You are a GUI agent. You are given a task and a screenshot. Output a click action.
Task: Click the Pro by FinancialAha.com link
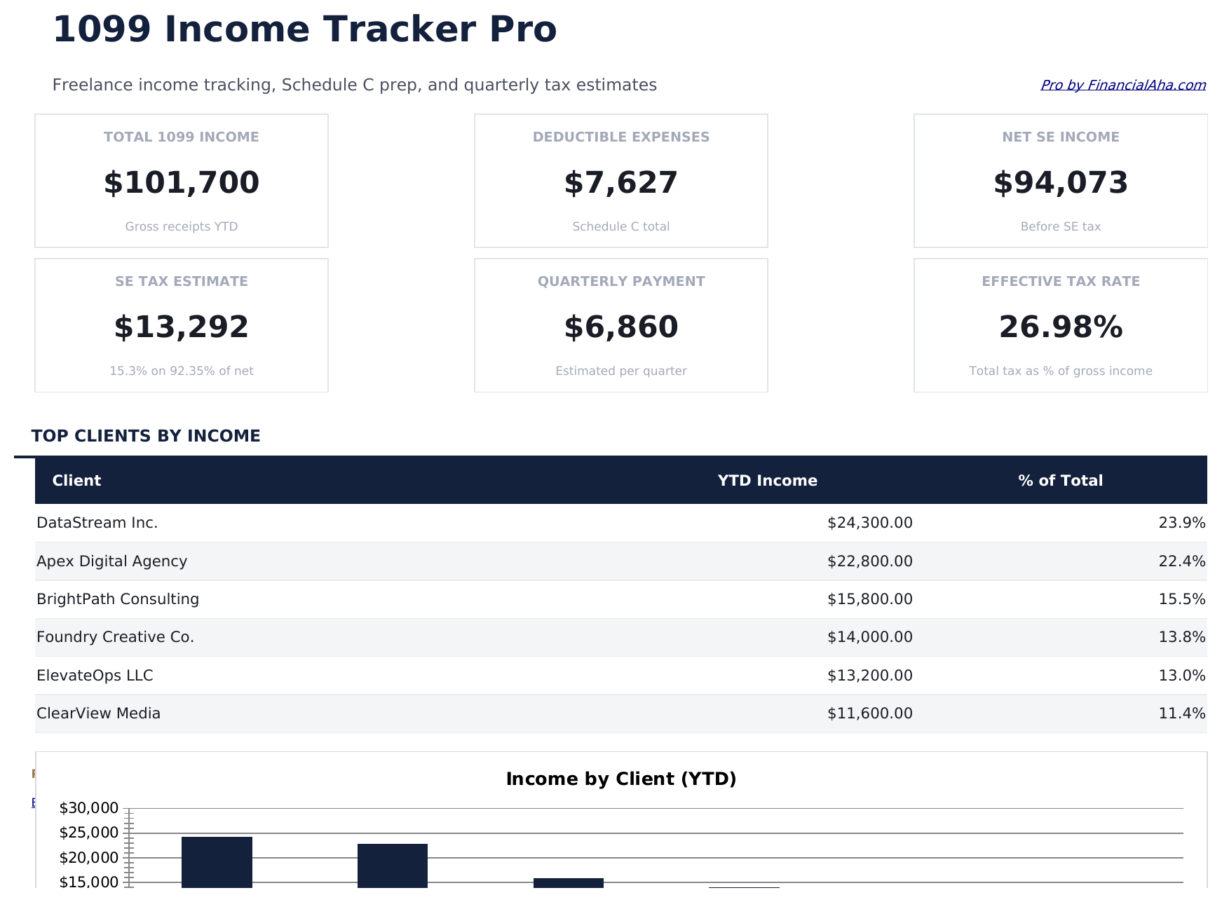[1122, 85]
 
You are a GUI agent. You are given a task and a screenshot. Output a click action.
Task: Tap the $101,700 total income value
[182, 183]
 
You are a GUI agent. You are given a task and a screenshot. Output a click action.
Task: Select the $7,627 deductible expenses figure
[620, 183]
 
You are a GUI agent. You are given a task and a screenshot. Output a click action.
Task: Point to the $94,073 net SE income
[1060, 183]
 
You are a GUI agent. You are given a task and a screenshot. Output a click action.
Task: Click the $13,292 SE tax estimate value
[182, 327]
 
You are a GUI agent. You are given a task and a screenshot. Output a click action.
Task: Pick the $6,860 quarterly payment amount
[620, 327]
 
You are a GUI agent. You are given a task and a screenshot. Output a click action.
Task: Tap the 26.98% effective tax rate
[1060, 327]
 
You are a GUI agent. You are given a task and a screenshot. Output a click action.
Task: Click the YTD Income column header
[767, 481]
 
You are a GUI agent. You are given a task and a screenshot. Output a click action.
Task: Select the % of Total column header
[1060, 481]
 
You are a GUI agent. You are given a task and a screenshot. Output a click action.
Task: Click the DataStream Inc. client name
[97, 523]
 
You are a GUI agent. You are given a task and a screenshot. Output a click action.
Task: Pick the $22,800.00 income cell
[869, 561]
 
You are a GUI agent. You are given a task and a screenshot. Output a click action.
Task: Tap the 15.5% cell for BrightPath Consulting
[1181, 599]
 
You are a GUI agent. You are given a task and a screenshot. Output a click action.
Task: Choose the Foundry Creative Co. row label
[115, 637]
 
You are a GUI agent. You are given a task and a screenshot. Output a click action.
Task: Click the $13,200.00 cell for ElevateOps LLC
[869, 676]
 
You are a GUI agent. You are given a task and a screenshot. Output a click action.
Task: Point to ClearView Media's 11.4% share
[1181, 713]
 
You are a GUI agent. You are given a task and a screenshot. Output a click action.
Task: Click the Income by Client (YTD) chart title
[620, 779]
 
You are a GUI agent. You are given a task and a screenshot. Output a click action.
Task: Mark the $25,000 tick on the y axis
[89, 833]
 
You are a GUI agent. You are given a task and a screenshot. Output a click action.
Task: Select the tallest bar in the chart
[217, 862]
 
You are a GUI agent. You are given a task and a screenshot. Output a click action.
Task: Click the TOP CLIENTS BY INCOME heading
[146, 436]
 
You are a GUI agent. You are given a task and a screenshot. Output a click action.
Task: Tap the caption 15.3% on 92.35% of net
[182, 371]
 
